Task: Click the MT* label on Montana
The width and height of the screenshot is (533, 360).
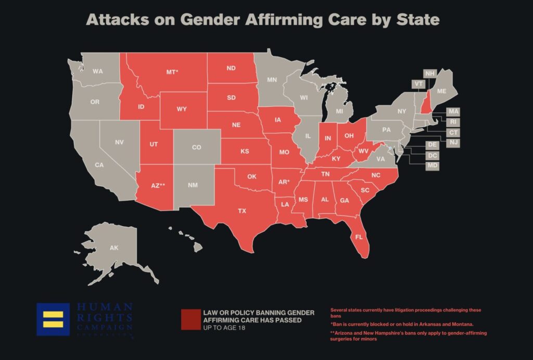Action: coord(172,72)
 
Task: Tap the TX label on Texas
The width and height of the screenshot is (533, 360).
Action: coord(242,211)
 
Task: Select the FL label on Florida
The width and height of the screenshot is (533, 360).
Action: coord(359,237)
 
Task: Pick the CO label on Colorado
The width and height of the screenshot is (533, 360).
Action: coord(196,147)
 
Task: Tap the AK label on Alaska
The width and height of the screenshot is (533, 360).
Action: coord(114,248)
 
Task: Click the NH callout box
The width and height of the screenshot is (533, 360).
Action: coord(429,73)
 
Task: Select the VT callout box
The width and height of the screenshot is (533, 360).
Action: coord(417,84)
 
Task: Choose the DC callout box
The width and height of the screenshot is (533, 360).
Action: coord(432,155)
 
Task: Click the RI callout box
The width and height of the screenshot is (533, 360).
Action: coord(453,122)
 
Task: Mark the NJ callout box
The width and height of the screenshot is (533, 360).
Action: coord(453,142)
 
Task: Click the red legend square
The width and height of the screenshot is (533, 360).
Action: coord(190,320)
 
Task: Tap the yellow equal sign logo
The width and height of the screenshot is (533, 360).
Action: coord(53,319)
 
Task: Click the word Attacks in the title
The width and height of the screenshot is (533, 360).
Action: coord(115,20)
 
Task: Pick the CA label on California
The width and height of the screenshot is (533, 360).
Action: coord(99,165)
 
